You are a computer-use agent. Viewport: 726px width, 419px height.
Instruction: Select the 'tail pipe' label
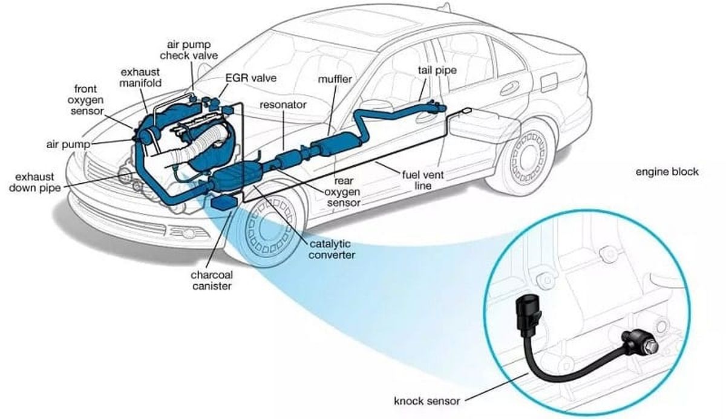[436, 70]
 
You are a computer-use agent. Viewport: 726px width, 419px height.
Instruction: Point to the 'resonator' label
[283, 105]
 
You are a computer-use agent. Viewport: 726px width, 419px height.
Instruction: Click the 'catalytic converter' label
[332, 249]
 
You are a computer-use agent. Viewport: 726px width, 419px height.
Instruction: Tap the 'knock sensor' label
[427, 400]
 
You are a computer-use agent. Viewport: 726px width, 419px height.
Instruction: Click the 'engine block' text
[667, 172]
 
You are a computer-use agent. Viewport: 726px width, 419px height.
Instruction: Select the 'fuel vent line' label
[423, 180]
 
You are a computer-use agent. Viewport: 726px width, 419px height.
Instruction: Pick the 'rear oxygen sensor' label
[344, 192]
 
